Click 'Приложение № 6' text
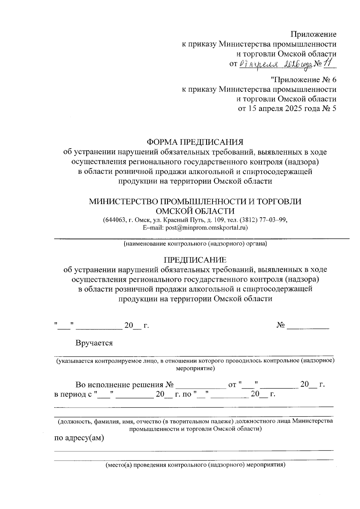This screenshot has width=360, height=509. tap(304, 80)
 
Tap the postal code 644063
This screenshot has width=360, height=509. tap(114, 220)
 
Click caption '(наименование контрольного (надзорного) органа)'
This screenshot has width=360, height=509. tap(195, 244)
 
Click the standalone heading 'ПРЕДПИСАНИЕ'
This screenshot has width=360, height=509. tap(195, 260)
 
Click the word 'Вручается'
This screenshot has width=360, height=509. tap(94, 343)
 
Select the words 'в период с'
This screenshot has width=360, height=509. tap(72, 394)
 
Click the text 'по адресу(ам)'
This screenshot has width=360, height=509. tap(79, 438)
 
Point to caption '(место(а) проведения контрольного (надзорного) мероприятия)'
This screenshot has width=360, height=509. tap(195, 465)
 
